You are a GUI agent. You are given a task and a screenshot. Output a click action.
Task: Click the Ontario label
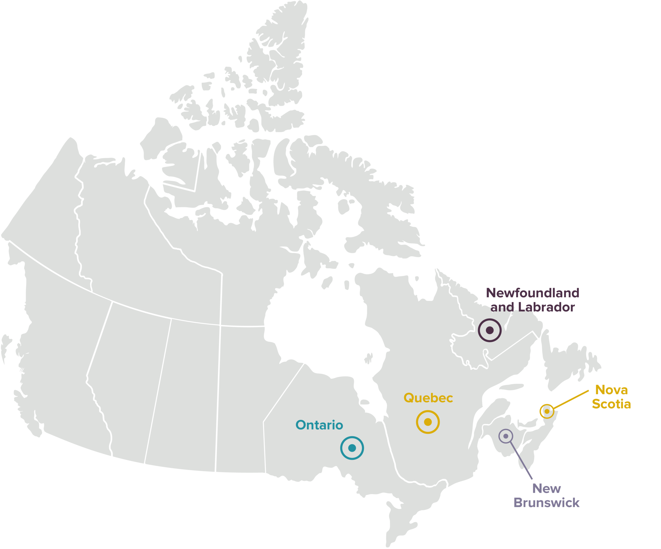pyautogui.click(x=319, y=425)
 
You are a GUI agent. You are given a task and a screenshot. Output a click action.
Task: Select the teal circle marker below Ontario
pyautogui.click(x=352, y=448)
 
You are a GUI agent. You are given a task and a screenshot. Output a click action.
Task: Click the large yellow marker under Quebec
pyautogui.click(x=428, y=422)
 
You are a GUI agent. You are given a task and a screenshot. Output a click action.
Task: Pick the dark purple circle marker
pyautogui.click(x=490, y=330)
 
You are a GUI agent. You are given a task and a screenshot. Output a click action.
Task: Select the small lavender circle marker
pyautogui.click(x=506, y=436)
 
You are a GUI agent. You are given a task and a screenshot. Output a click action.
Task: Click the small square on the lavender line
pyautogui.click(x=517, y=455)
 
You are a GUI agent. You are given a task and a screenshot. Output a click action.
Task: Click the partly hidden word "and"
pyautogui.click(x=502, y=308)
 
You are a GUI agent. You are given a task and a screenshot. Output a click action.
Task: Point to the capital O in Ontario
pyautogui.click(x=301, y=425)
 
